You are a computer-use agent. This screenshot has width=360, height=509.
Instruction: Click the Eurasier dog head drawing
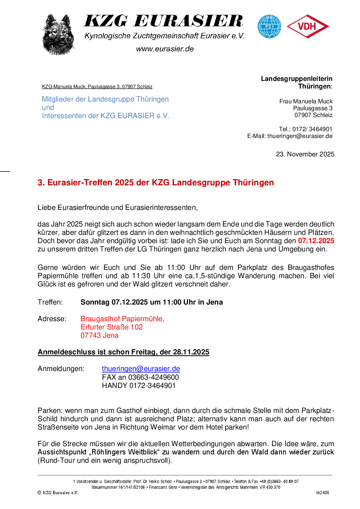59,35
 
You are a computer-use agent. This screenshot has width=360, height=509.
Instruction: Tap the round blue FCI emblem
269,26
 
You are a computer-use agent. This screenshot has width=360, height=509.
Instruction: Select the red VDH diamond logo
308,26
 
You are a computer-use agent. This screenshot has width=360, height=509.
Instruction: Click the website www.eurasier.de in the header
165,49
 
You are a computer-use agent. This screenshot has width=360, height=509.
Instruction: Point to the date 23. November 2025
305,154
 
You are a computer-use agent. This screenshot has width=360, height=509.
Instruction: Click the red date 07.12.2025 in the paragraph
316,241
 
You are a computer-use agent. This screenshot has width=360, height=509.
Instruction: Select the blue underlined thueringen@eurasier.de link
141,369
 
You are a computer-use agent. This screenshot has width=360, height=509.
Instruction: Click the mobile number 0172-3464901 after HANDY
153,385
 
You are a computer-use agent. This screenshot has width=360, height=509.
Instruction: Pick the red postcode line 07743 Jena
99,335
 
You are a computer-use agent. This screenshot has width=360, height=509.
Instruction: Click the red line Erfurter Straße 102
112,327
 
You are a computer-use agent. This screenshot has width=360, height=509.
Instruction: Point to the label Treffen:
50,302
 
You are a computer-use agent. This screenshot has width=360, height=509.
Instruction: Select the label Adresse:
52,319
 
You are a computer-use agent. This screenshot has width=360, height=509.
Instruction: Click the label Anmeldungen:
61,369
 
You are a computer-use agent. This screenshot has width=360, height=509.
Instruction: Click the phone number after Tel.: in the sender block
312,129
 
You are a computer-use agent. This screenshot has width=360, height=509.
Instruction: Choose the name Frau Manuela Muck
306,101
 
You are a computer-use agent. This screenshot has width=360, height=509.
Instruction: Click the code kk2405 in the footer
322,492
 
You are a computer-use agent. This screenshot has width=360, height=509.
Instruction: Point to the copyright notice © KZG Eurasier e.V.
58,492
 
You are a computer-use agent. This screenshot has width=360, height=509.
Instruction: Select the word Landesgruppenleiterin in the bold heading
296,79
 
